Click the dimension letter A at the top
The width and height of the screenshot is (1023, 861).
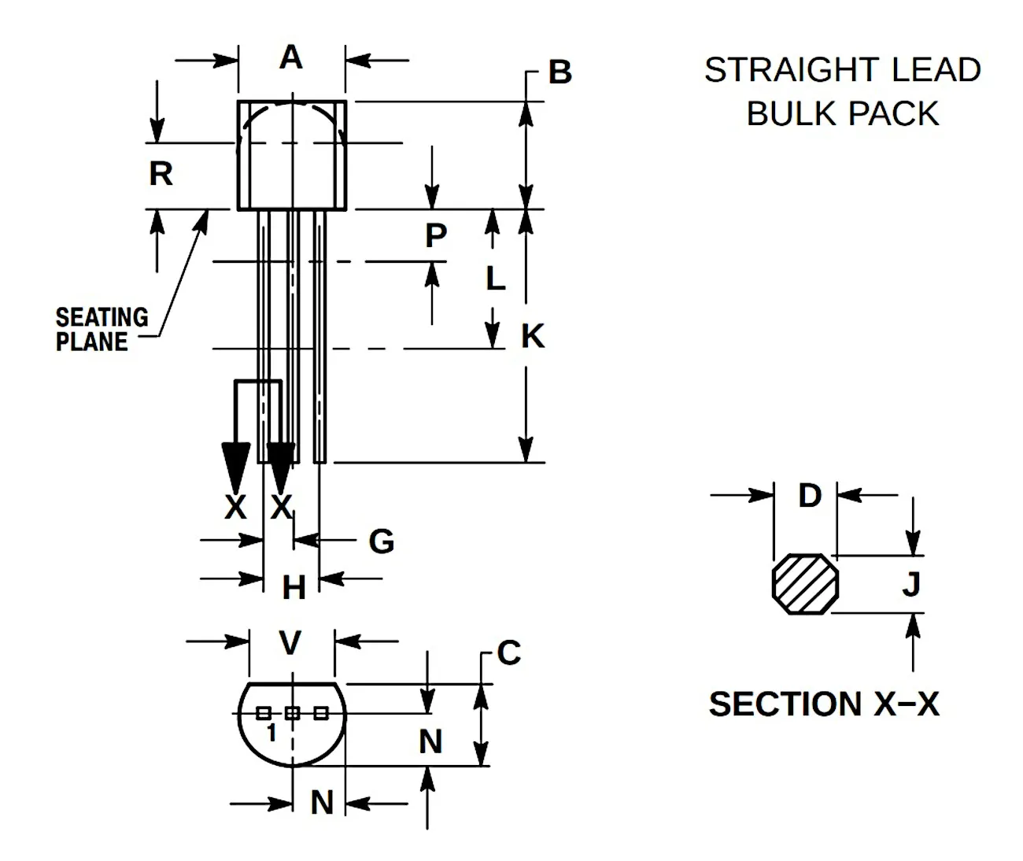pos(291,57)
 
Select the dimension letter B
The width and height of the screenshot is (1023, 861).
pos(560,72)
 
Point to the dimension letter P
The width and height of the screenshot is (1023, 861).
pos(435,235)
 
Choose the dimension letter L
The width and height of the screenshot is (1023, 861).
pos(495,279)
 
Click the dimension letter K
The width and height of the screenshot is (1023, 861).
pos(533,336)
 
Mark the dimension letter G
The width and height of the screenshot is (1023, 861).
pos(381,541)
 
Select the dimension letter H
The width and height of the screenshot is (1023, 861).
pos(294,587)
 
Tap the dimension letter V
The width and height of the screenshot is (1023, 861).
pos(290,642)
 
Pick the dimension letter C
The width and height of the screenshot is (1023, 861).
pos(508,652)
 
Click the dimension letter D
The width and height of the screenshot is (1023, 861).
pos(810,496)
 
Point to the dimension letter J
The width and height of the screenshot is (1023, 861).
pos(911,584)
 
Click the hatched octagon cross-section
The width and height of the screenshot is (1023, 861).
pos(806,584)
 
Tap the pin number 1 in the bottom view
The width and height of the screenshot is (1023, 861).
pos(271,733)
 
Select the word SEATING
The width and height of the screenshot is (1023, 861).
pos(102,317)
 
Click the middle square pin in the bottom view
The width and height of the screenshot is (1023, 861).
pos(293,713)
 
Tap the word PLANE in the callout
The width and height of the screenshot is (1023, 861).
pos(91,342)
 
